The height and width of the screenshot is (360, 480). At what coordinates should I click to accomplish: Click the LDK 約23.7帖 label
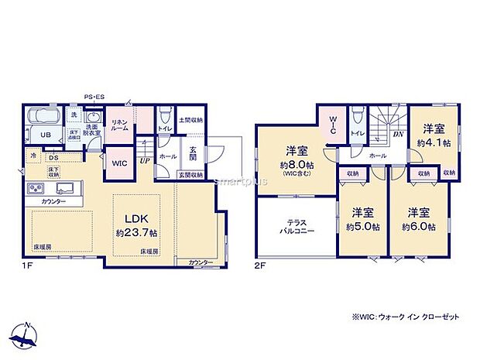point(136,225)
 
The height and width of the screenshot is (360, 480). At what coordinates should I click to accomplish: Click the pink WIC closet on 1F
point(119,164)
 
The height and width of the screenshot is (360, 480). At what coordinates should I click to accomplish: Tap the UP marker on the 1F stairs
point(145,161)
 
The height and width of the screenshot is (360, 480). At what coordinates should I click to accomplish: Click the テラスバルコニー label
point(296,228)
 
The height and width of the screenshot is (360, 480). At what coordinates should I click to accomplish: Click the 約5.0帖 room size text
point(363,226)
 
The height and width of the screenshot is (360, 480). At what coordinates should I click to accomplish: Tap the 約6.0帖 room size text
point(418,226)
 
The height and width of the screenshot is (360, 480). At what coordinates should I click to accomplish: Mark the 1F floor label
point(27,265)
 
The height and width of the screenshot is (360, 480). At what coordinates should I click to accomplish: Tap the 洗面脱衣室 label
point(93,129)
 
